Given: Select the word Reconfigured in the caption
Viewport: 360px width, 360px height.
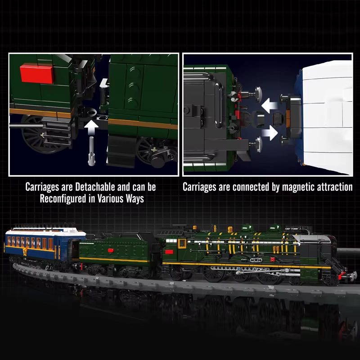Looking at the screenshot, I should coord(67,198).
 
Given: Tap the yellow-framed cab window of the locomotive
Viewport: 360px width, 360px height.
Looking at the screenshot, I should coord(182,244).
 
